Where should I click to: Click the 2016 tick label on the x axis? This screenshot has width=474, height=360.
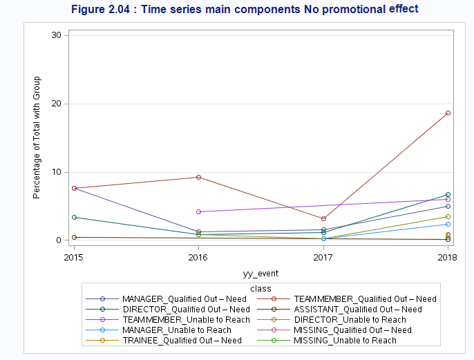pyautogui.click(x=198, y=257)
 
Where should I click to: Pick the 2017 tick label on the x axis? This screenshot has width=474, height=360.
pyautogui.click(x=323, y=257)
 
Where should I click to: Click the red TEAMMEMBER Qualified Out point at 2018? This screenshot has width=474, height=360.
pyautogui.click(x=448, y=113)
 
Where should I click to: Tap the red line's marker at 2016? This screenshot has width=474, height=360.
pyautogui.click(x=198, y=177)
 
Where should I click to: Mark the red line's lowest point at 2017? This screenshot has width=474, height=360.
pyautogui.click(x=323, y=218)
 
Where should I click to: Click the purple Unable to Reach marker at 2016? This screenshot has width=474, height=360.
pyautogui.click(x=198, y=211)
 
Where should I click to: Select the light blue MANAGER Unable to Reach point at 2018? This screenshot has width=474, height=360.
pyautogui.click(x=448, y=224)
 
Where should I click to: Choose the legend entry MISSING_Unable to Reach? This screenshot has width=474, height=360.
pyautogui.click(x=345, y=340)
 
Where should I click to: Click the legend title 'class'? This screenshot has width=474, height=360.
pyautogui.click(x=260, y=288)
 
